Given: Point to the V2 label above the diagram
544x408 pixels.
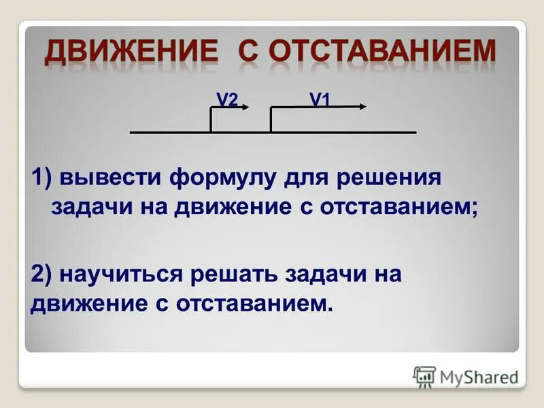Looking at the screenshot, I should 226,100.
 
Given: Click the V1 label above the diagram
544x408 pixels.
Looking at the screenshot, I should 320,100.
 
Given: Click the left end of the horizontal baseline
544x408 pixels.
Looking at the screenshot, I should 132,132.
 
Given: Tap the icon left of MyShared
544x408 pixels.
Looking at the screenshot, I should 424,376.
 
